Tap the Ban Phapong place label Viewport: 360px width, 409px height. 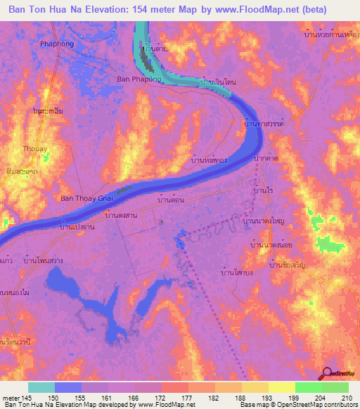click(139, 79)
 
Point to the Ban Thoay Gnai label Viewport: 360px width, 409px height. click(88, 199)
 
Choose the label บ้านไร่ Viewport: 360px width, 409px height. click(262, 190)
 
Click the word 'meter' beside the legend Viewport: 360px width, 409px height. click(11, 397)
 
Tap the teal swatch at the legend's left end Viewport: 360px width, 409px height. click(41, 387)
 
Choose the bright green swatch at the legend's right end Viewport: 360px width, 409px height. click(335, 387)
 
